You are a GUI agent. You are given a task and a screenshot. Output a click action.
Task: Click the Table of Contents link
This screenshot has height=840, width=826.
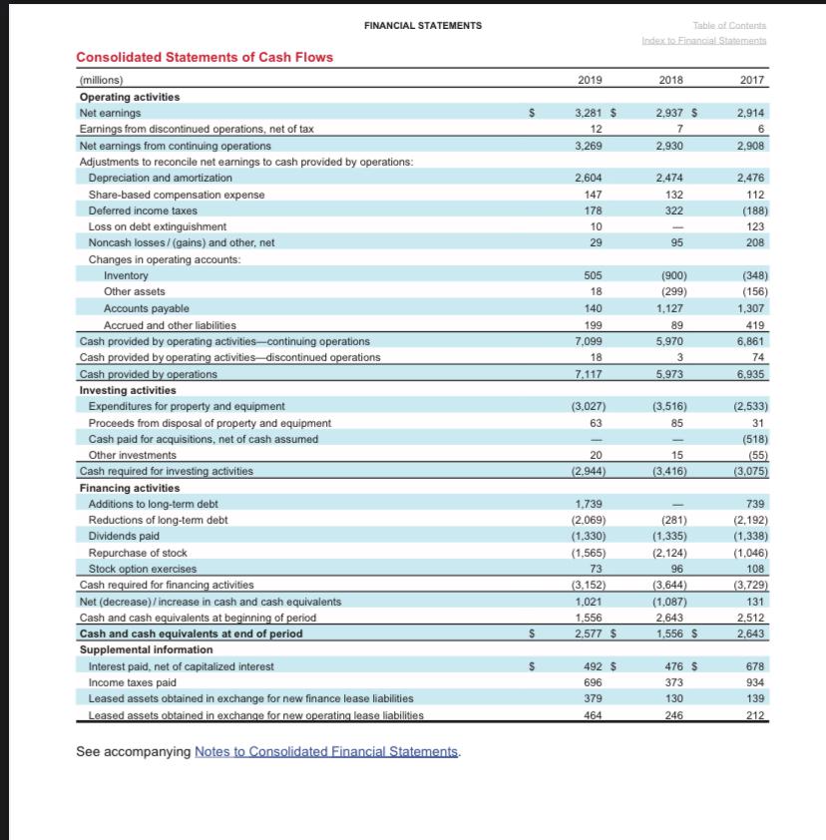point(731,25)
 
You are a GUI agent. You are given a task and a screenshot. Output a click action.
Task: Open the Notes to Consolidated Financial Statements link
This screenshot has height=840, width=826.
point(327,751)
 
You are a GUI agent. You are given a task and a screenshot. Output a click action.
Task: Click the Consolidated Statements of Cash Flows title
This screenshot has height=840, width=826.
point(205,57)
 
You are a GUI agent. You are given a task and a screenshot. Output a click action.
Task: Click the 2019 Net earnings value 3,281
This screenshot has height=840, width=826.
point(588,113)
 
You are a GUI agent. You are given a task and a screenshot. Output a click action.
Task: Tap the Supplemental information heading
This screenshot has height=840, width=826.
point(146,649)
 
